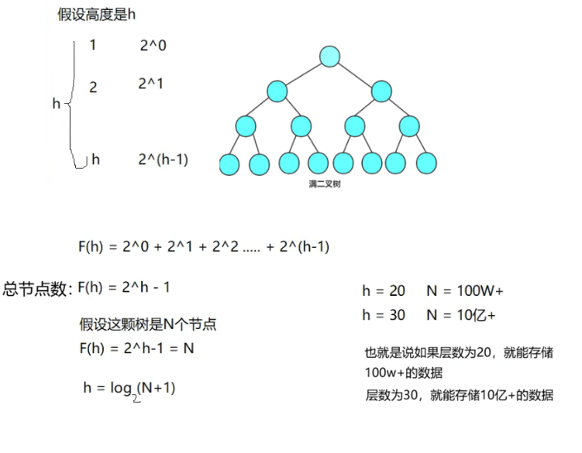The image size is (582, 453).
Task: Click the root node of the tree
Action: tap(330, 57)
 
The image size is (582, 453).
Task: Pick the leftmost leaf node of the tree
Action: tap(229, 163)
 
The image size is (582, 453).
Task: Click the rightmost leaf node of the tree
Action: tap(427, 163)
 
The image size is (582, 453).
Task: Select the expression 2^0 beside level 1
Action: tap(153, 46)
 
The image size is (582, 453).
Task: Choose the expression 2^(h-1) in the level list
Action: tap(163, 160)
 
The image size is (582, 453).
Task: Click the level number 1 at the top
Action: tap(93, 45)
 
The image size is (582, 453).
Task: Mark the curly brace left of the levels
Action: tap(72, 103)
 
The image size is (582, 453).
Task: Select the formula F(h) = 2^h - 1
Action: tap(124, 287)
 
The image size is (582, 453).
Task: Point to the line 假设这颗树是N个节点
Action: tap(148, 325)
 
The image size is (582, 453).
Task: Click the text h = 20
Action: tap(384, 291)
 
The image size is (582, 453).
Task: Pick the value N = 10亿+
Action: tap(461, 315)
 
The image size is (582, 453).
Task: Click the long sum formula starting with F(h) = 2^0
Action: tap(203, 248)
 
